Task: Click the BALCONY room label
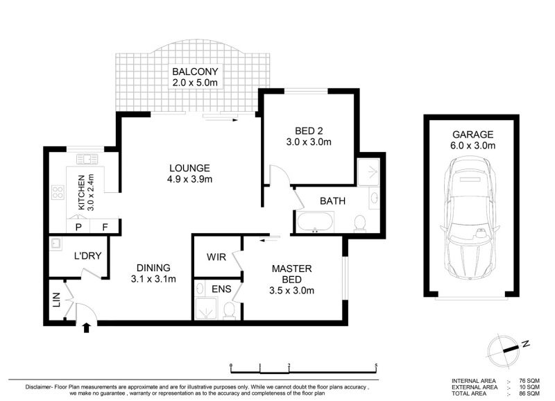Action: click(195, 71)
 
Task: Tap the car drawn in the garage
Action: click(470, 219)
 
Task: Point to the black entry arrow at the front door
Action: click(86, 327)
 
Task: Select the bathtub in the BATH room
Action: click(315, 222)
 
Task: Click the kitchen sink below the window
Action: click(87, 160)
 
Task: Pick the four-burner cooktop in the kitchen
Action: click(58, 192)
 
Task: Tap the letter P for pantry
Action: click(78, 228)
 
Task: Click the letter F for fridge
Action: click(105, 228)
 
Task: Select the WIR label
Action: click(216, 257)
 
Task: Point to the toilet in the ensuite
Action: click(230, 310)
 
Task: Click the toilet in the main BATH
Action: click(360, 223)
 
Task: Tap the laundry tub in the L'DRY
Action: click(55, 244)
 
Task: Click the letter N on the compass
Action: click(526, 343)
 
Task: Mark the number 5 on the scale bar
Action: click(376, 366)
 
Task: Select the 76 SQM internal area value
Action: click(529, 381)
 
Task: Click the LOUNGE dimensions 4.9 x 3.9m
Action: click(189, 179)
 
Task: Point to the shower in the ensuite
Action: click(205, 309)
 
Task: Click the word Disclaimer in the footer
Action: click(39, 387)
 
